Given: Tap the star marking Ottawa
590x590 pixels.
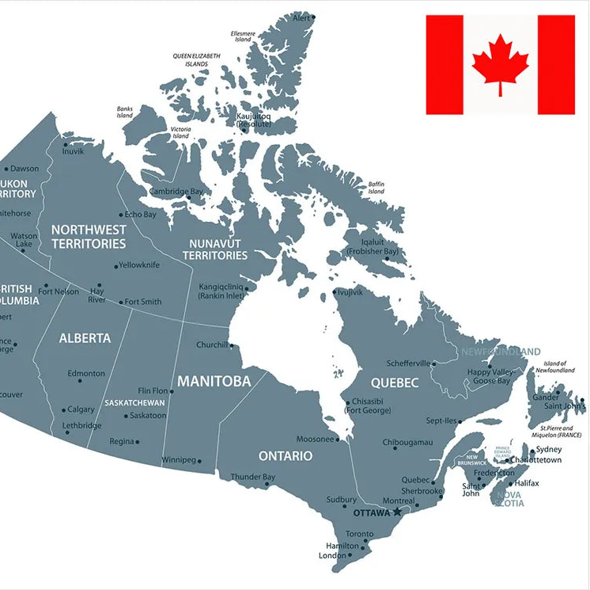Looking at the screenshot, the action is click(x=398, y=512).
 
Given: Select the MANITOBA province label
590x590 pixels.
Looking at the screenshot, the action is click(x=214, y=382).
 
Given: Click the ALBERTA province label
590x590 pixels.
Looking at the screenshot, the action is click(x=85, y=338).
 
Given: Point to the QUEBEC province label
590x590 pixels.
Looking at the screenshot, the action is click(x=394, y=383).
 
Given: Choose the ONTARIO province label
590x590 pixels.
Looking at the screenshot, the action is click(x=285, y=456).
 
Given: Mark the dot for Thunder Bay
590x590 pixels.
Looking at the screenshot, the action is click(x=267, y=485).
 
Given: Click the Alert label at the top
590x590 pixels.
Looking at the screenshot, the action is click(x=301, y=17).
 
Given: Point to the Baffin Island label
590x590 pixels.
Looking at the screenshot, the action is click(x=376, y=188).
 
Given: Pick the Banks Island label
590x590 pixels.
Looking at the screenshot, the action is click(x=125, y=112).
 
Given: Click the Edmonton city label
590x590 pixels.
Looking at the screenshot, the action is click(x=86, y=373).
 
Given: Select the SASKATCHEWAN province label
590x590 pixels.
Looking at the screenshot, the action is click(x=134, y=403).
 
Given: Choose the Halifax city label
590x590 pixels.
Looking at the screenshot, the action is click(x=526, y=483).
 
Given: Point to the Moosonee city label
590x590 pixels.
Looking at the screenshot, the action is click(x=315, y=439).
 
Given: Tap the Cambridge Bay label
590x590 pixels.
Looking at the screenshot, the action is click(x=176, y=192).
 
